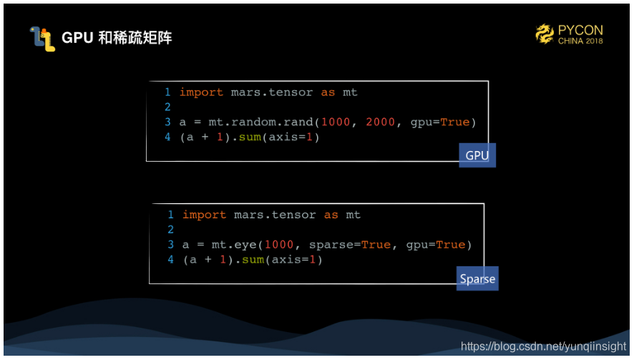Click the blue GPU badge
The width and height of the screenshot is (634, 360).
[477, 155]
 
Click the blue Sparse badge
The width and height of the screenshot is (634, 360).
[477, 278]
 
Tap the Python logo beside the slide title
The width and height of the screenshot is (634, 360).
[42, 38]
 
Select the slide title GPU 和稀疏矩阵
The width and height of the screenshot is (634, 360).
[117, 38]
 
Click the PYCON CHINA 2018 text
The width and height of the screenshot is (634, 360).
[580, 34]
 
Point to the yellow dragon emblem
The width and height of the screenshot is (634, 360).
[545, 34]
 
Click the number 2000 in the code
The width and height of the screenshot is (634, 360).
[380, 122]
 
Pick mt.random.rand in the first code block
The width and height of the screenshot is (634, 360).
[257, 122]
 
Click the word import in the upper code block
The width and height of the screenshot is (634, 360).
[201, 92]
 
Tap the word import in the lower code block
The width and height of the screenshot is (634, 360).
[204, 215]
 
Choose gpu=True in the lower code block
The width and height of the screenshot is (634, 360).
[436, 245]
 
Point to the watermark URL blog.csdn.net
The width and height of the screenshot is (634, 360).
[543, 346]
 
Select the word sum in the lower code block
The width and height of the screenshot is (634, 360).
[252, 260]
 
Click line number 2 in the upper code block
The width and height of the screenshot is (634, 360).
[167, 107]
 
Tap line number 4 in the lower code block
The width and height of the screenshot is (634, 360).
[171, 260]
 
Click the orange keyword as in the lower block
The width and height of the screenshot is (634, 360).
[331, 215]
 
